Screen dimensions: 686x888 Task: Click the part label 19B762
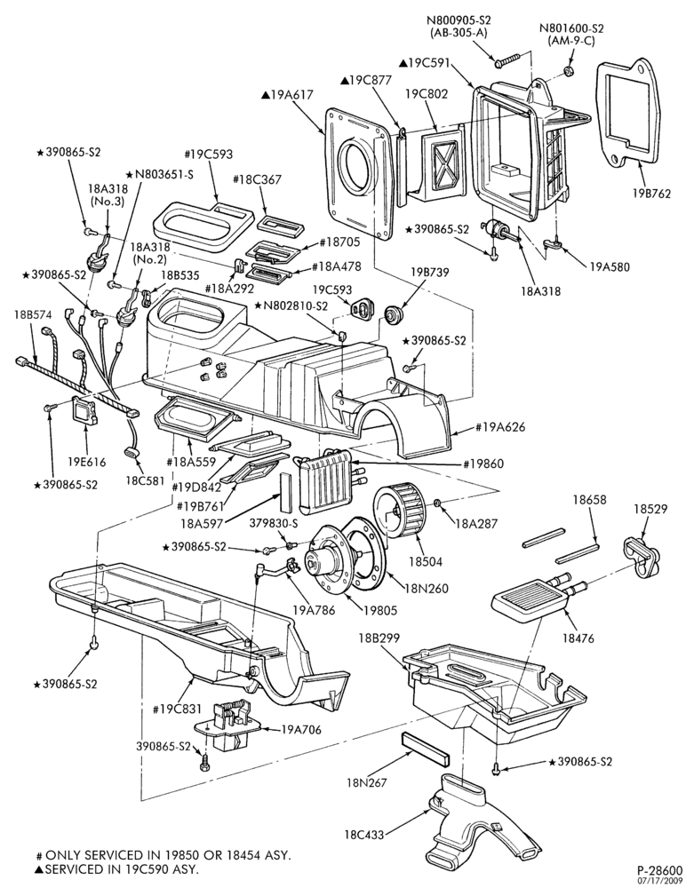pyautogui.click(x=651, y=193)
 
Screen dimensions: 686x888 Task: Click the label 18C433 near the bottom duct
pyautogui.click(x=363, y=834)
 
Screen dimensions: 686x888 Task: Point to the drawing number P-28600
pyautogui.click(x=659, y=869)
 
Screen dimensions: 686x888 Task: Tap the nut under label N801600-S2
pyautogui.click(x=569, y=71)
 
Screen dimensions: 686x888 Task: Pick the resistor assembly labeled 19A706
pyautogui.click(x=229, y=726)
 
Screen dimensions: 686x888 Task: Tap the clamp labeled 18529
pyautogui.click(x=642, y=558)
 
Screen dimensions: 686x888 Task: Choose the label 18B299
pyautogui.click(x=379, y=638)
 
